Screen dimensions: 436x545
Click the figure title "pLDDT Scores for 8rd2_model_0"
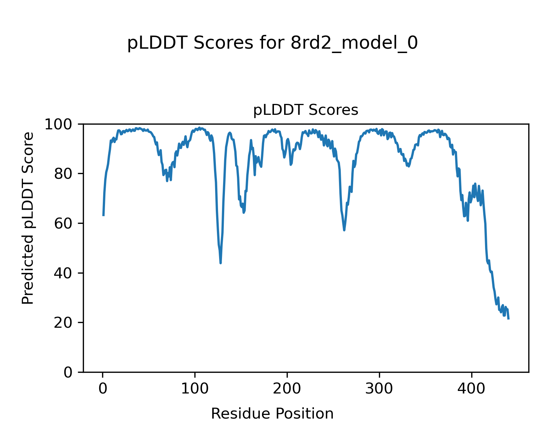point(272,43)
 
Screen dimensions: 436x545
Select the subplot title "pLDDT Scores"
point(306,110)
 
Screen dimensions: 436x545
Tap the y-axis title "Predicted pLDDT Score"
point(28,218)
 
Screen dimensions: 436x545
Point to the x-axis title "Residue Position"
point(272,413)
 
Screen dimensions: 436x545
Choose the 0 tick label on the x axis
point(103,388)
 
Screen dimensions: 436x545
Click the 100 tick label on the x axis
point(195,388)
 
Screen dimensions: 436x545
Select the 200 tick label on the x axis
point(287,388)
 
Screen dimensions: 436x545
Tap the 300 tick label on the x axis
point(379,388)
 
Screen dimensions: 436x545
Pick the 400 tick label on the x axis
point(472,388)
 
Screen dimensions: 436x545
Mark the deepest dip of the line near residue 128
point(221,263)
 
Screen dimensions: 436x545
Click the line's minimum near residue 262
point(344,230)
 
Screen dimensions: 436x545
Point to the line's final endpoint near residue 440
point(508,319)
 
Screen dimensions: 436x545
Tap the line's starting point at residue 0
point(104,215)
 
